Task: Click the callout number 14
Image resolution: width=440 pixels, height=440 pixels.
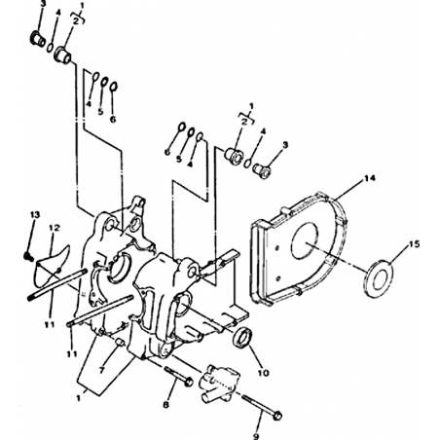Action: [369, 178]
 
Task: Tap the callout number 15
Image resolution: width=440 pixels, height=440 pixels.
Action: [414, 243]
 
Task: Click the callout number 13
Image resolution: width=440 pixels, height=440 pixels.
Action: [35, 215]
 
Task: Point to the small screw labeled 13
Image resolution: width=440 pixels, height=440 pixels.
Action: [28, 256]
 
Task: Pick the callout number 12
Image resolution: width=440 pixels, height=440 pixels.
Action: [55, 228]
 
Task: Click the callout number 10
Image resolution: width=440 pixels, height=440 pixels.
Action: [263, 373]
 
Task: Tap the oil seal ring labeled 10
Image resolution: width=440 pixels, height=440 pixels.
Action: [243, 338]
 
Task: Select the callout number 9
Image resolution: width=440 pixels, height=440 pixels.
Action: [256, 436]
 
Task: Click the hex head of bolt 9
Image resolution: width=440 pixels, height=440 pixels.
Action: [277, 416]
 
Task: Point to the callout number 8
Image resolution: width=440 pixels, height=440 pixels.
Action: [165, 405]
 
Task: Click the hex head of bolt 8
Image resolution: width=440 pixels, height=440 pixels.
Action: [188, 382]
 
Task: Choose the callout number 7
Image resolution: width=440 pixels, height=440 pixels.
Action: [102, 370]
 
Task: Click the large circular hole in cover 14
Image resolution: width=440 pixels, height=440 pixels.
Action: [305, 242]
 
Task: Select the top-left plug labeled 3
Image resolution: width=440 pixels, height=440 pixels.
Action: [38, 39]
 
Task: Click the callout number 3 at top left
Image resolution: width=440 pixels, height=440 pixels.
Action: [43, 4]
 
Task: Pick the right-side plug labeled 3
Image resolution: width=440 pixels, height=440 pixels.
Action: [262, 170]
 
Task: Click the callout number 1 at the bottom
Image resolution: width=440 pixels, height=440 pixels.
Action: [78, 398]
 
